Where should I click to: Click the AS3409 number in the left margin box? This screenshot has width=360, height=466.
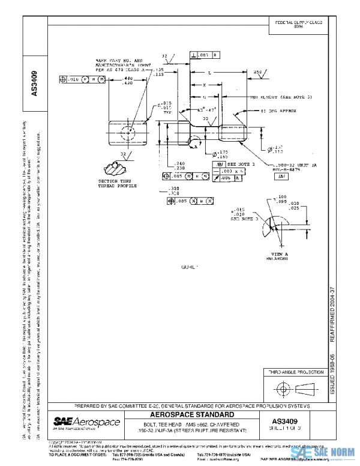[34, 84]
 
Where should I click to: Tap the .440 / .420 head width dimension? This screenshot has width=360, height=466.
[128, 81]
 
